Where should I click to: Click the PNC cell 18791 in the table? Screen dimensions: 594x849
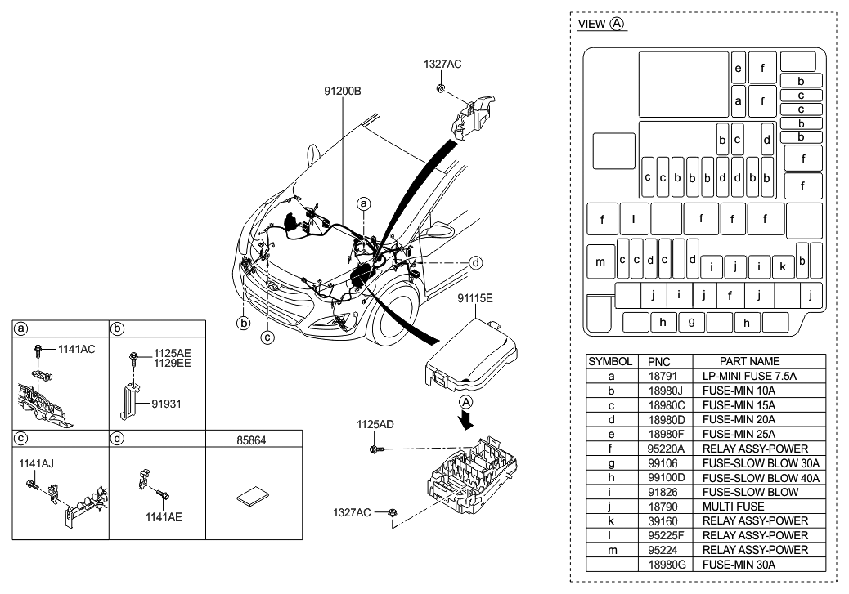click(x=658, y=377)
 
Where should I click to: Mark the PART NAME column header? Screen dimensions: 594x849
click(x=749, y=361)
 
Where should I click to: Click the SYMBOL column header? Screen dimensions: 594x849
click(x=610, y=361)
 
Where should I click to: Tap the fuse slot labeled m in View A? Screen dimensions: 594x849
click(x=600, y=261)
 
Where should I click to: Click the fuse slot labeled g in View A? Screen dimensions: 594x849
click(x=691, y=322)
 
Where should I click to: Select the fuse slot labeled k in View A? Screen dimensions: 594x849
click(x=783, y=266)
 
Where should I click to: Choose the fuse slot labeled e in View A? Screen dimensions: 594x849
click(x=738, y=69)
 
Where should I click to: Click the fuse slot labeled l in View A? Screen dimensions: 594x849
click(x=634, y=220)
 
